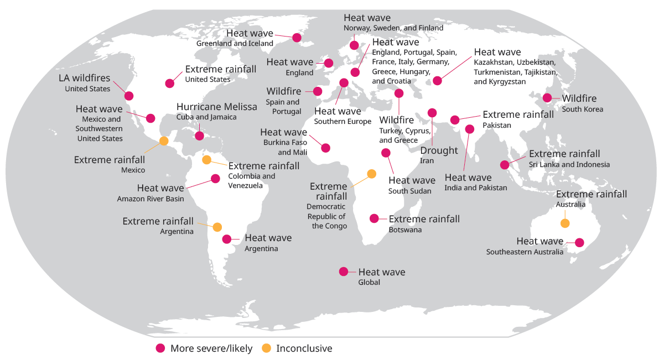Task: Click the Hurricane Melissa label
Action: click(217, 107)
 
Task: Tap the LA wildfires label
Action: click(85, 78)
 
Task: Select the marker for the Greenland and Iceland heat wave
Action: click(297, 38)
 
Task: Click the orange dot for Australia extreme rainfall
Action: click(564, 223)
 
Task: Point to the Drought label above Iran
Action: click(439, 150)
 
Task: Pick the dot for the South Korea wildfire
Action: click(547, 98)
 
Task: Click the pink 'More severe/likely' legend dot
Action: click(160, 348)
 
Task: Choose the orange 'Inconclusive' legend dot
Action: click(266, 348)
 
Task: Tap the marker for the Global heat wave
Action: click(344, 272)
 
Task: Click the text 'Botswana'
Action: click(406, 229)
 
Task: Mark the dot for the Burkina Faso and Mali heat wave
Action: click(325, 148)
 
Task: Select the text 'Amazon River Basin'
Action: click(151, 199)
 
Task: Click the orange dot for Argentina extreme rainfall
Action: click(217, 227)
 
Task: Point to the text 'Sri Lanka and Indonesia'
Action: click(569, 164)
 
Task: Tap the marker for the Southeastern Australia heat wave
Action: click(579, 242)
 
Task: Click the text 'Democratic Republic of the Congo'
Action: click(327, 216)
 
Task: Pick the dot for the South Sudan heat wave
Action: click(386, 153)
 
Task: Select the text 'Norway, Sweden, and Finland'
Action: click(393, 28)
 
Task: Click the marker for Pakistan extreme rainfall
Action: click(455, 120)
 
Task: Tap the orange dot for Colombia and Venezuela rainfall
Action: click(206, 160)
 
